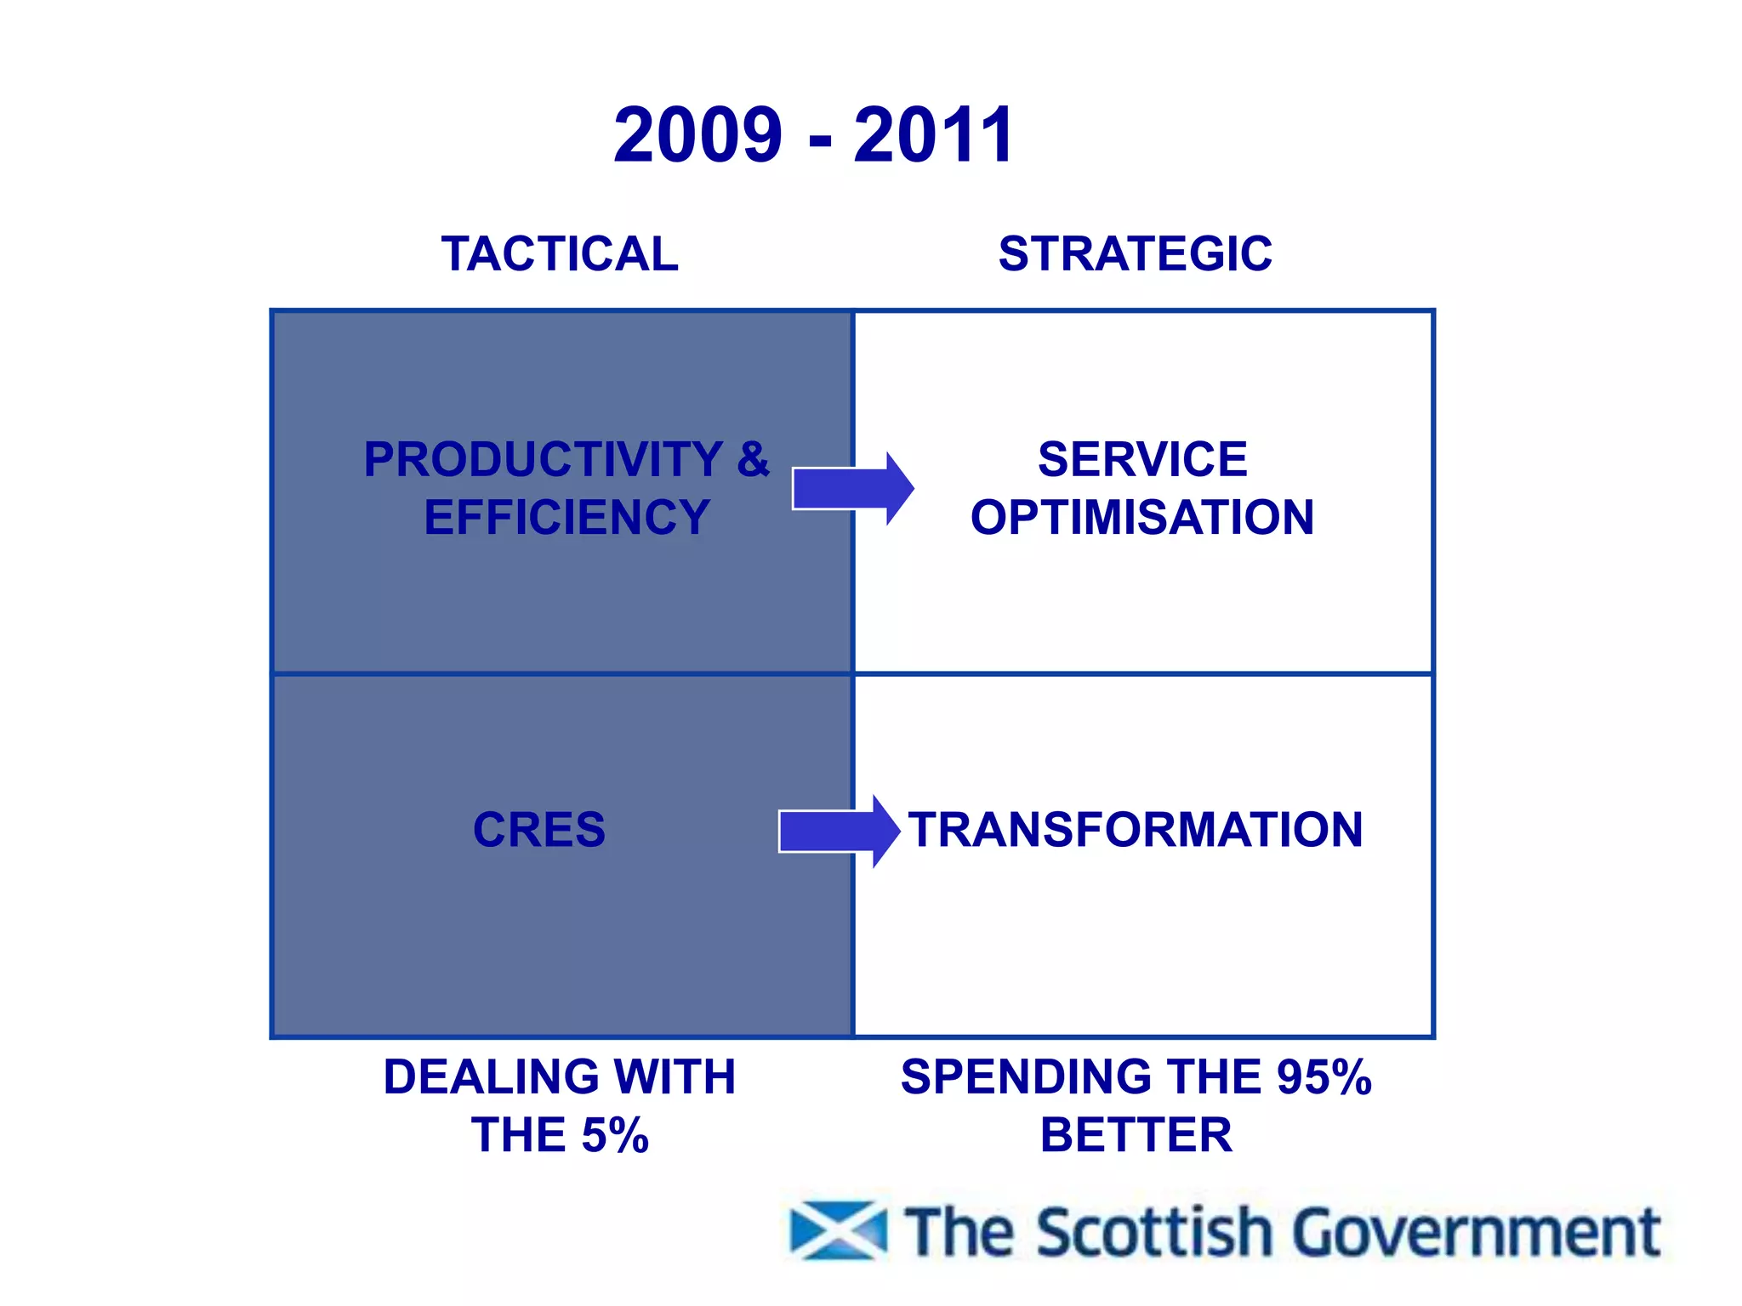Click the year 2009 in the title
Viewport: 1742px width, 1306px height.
697,135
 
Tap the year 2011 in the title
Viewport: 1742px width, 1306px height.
934,135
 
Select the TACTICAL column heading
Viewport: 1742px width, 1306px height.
560,254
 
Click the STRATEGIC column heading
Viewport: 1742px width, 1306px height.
1136,254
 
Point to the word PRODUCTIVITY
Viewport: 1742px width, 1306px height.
544,460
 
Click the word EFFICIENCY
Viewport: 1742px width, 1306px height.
566,518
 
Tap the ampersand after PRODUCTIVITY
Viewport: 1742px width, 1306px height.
753,460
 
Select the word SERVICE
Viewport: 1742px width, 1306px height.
1142,460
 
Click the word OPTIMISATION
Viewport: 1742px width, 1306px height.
1142,518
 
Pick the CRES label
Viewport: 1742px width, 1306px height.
539,830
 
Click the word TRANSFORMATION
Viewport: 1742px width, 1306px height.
1136,830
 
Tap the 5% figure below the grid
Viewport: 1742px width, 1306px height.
615,1135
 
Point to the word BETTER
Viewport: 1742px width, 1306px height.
1136,1135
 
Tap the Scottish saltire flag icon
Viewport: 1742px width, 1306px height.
838,1230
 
